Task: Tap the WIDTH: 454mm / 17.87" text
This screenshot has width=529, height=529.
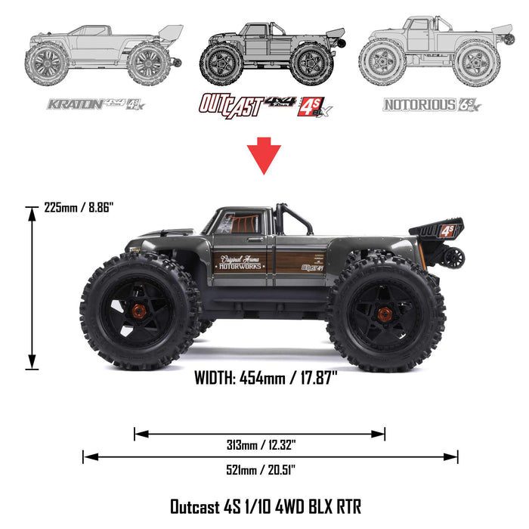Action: pyautogui.click(x=264, y=379)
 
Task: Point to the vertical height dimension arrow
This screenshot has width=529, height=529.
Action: pyautogui.click(x=32, y=287)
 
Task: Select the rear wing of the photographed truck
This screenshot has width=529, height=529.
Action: pyautogui.click(x=437, y=230)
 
